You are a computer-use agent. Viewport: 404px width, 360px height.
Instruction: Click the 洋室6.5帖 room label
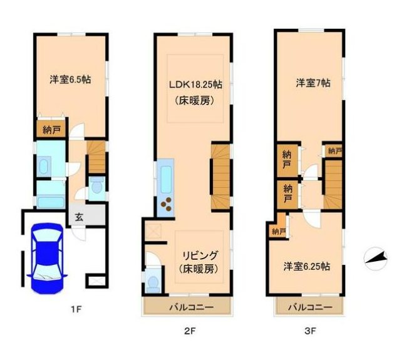[70, 80]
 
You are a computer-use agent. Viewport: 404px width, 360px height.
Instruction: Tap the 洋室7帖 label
[314, 83]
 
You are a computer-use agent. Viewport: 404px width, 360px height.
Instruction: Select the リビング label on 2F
[200, 255]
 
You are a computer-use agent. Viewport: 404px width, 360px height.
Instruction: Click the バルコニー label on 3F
[311, 307]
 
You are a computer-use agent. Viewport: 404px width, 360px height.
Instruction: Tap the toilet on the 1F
[96, 186]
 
